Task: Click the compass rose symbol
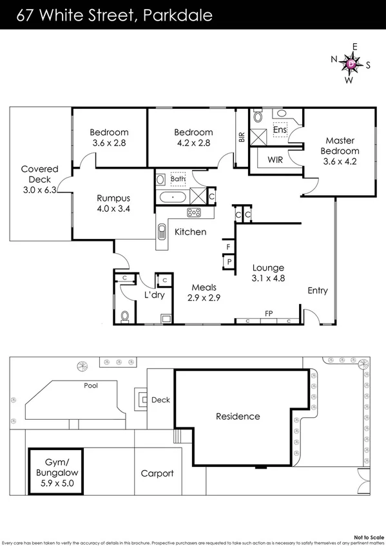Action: coord(351,64)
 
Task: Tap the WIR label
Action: coord(275,158)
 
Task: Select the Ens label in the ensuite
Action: coord(280,129)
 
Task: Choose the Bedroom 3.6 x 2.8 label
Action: coord(109,138)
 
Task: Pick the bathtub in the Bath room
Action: coord(173,197)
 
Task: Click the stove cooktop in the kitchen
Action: coord(193,213)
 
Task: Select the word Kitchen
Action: coord(191,232)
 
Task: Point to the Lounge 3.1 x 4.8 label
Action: coord(268,273)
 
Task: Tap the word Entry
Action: coord(317,290)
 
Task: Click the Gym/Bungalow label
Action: coord(56,471)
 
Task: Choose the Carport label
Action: coord(157,473)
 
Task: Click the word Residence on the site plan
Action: coord(238,417)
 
